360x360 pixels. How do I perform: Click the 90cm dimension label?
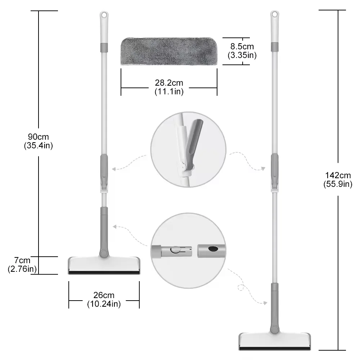(x=39, y=137)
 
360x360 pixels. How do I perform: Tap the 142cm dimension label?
(x=338, y=176)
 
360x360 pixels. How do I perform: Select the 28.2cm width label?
(x=169, y=83)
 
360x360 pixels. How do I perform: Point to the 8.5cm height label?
(x=242, y=46)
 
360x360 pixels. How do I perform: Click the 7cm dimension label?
(x=23, y=260)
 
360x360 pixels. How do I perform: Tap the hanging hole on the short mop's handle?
(x=103, y=16)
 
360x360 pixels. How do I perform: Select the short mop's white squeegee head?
(x=103, y=265)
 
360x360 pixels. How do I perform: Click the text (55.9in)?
(x=338, y=184)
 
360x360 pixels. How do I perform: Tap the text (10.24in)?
(x=104, y=304)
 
